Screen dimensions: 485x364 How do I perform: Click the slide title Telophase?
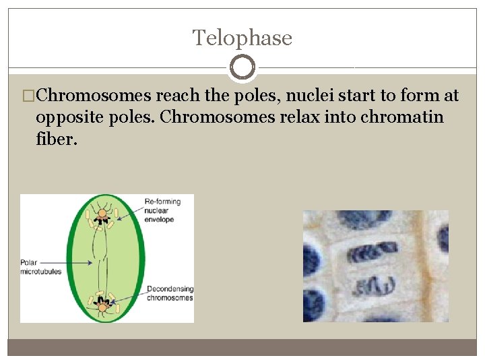pyautogui.click(x=243, y=38)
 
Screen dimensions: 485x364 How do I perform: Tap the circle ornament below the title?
pyautogui.click(x=243, y=67)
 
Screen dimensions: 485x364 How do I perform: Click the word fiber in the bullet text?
pyautogui.click(x=57, y=139)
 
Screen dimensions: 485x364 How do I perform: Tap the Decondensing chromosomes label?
pyautogui.click(x=169, y=293)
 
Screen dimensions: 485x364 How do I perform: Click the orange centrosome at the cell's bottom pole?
pyautogui.click(x=102, y=307)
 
